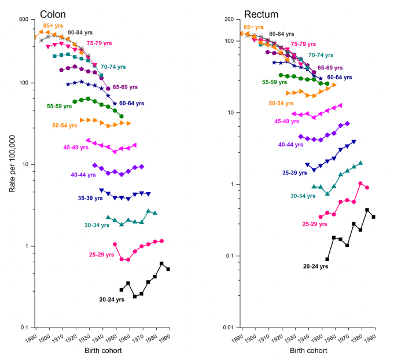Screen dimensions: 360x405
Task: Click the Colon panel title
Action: pos(52,13)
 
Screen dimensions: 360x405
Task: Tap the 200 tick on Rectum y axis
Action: pos(229,19)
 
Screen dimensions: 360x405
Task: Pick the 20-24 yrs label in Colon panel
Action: pos(112,299)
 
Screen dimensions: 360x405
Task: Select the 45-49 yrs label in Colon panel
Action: pos(76,148)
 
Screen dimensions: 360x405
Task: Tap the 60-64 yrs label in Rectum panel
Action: pos(340,78)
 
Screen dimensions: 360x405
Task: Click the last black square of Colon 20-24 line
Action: pos(168,269)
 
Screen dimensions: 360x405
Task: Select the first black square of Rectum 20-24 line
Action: pos(327,259)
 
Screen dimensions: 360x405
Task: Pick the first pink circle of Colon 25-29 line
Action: pos(115,244)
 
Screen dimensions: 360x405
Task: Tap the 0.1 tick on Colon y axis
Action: pos(25,327)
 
